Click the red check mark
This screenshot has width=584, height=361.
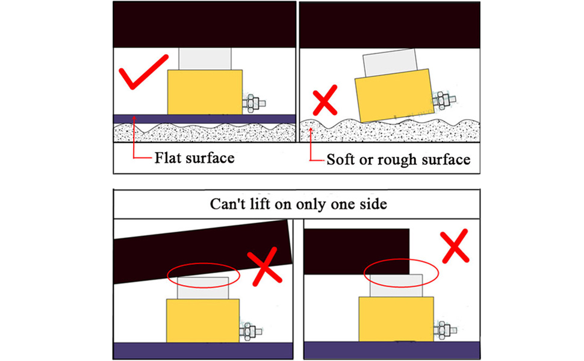pos(143,73)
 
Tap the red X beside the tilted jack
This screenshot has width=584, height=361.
pos(325,101)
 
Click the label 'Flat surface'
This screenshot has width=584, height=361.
pos(194,158)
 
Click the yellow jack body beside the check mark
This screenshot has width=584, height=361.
pos(205,91)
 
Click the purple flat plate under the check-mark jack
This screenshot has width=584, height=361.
pos(205,119)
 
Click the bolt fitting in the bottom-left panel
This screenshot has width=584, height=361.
pos(249,330)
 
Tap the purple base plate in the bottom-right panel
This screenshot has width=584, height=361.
pos(392,350)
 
